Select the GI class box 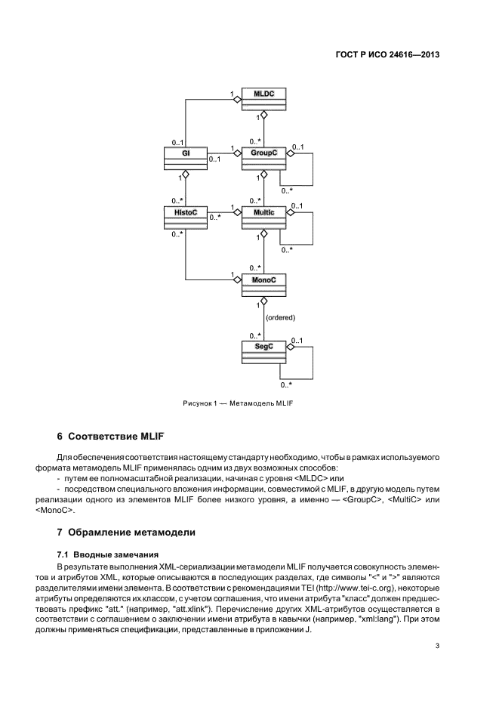186,159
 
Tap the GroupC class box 264,159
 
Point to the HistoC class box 186,219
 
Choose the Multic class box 264,219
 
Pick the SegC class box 264,351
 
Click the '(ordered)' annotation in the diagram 280,317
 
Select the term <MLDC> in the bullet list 308,479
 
